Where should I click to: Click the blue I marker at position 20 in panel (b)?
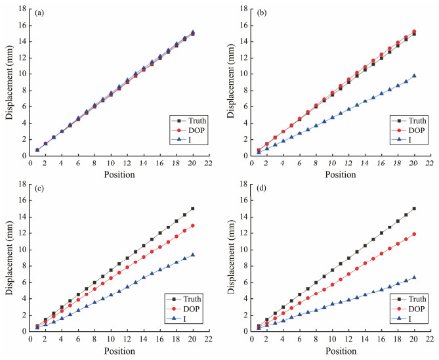tap(414, 76)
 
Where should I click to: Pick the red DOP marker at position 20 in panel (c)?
tap(193, 225)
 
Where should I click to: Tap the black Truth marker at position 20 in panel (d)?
tap(414, 208)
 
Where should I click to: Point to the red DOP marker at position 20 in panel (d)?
tap(414, 234)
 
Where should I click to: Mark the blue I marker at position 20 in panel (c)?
tap(193, 255)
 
